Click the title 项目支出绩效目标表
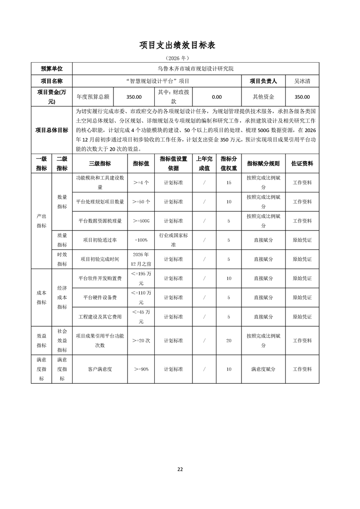pos(180,45)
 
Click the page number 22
pos(180,469)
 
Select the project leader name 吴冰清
pos(302,81)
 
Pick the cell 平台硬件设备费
pos(100,298)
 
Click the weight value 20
pos(228,341)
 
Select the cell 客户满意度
pos(100,369)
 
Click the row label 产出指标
pos(41,221)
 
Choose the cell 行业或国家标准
pos(173,240)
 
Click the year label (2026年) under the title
pos(180,58)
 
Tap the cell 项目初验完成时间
pos(100,259)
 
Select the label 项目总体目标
pos(52,130)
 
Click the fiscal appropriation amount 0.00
pos(217,97)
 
